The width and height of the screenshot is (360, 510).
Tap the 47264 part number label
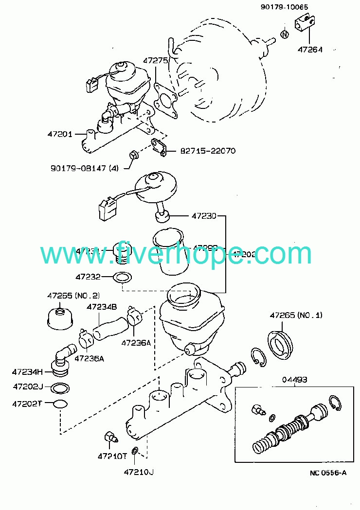pyautogui.click(x=310, y=49)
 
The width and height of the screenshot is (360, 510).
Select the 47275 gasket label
pyautogui.click(x=155, y=61)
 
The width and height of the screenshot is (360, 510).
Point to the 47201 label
pyautogui.click(x=60, y=134)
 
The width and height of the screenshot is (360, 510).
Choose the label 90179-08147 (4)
pyautogui.click(x=84, y=168)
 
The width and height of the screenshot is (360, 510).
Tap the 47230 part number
pyautogui.click(x=204, y=215)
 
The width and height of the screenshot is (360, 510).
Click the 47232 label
pyautogui.click(x=88, y=277)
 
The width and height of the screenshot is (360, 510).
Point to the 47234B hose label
pyautogui.click(x=102, y=307)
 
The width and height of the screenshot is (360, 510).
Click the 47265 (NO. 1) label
pyautogui.click(x=296, y=315)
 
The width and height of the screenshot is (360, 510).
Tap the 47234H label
pyautogui.click(x=28, y=372)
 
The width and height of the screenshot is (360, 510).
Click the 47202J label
pyautogui.click(x=28, y=387)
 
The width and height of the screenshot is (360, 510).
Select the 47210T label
pyautogui.click(x=112, y=456)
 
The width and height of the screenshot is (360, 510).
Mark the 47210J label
pyautogui.click(x=139, y=472)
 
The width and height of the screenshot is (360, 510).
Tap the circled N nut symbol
pyautogui.click(x=285, y=34)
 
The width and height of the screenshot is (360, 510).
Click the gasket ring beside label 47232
pyautogui.click(x=122, y=278)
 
